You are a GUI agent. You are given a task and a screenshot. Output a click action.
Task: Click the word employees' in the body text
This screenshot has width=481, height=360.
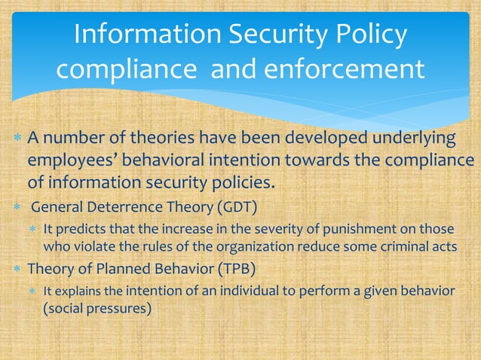(x=70, y=162)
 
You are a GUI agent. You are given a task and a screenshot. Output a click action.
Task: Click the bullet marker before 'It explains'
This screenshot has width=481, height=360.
(x=33, y=291)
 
